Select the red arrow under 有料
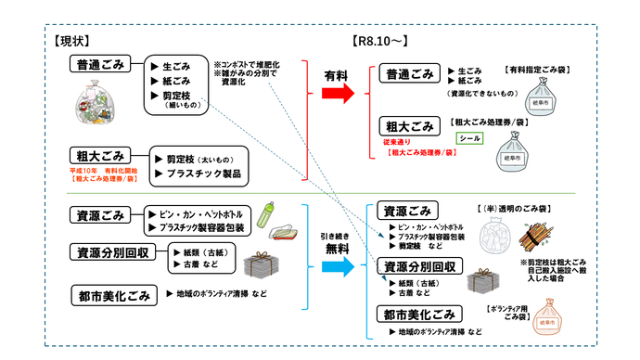click(x=337, y=94)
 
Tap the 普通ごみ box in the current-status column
click(x=101, y=64)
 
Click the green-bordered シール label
click(x=470, y=139)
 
